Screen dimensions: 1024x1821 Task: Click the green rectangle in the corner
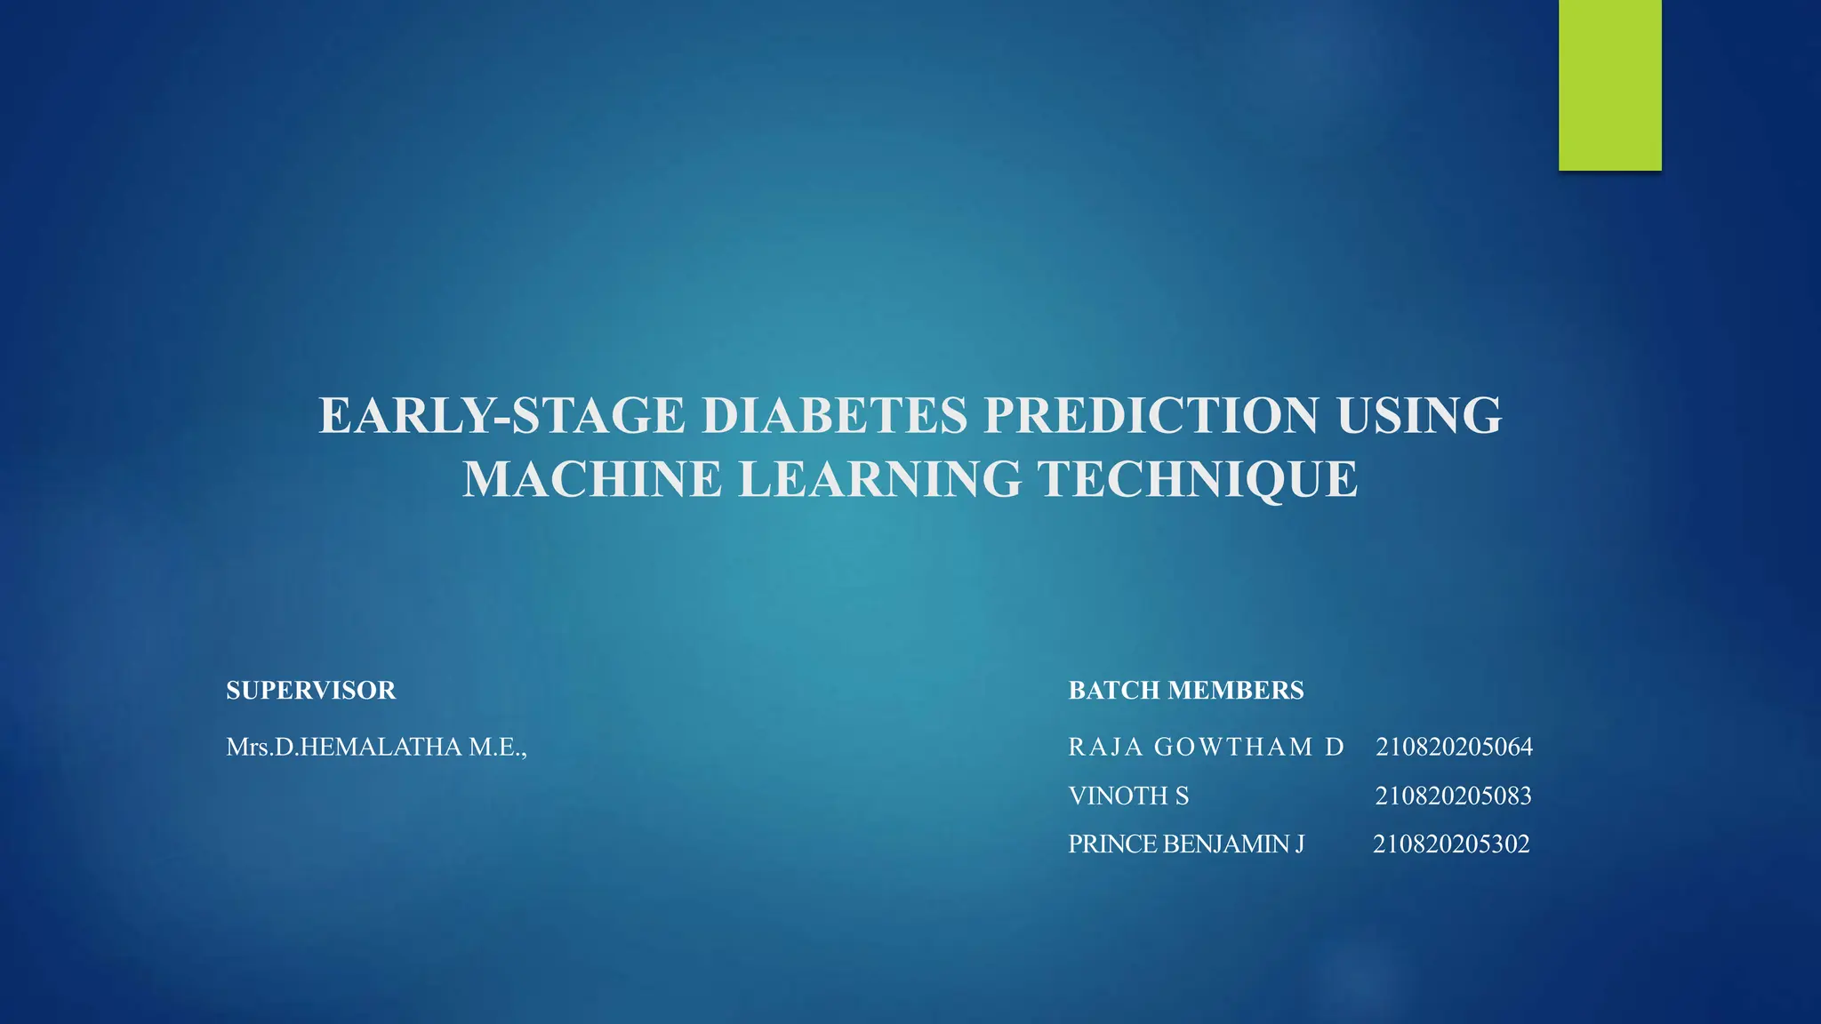[x=1609, y=84]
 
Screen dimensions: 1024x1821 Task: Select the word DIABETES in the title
[x=834, y=415]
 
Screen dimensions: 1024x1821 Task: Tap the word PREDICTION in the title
[x=1151, y=415]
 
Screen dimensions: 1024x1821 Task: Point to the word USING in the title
[x=1419, y=415]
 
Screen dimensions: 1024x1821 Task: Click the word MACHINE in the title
[x=592, y=479]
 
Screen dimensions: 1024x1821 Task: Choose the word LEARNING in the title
[x=879, y=479]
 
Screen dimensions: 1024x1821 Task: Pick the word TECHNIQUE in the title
[x=1198, y=479]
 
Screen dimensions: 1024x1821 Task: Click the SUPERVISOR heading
[x=310, y=691]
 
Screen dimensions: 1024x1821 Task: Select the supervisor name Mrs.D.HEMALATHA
[x=343, y=747]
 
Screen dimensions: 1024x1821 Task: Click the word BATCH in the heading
[x=1113, y=691]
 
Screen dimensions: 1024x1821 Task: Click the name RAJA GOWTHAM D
[x=1206, y=747]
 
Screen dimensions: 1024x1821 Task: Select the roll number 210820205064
[x=1454, y=747]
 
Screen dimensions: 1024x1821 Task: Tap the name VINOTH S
[x=1128, y=796]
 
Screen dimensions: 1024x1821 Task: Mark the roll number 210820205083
[x=1453, y=796]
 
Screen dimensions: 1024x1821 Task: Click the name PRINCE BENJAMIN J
[x=1186, y=844]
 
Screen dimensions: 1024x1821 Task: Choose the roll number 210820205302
[x=1451, y=844]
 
